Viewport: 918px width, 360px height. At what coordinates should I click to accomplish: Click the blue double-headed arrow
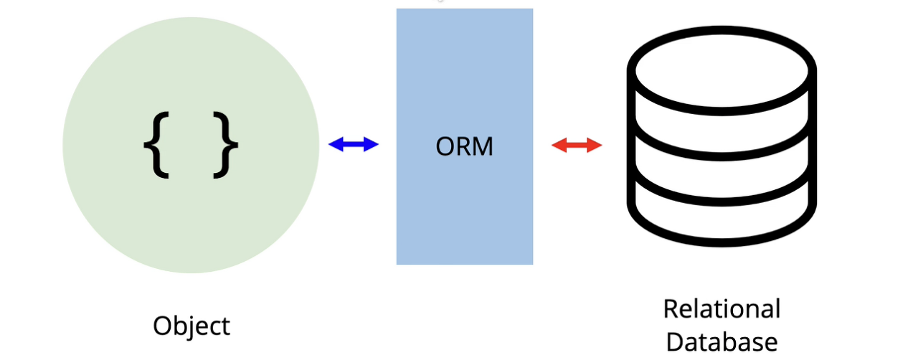[x=353, y=145]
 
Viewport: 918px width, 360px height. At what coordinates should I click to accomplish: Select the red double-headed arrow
[x=577, y=146]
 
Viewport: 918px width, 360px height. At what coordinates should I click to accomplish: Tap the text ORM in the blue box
[x=465, y=146]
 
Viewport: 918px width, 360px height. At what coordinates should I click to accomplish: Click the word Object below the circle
[x=191, y=326]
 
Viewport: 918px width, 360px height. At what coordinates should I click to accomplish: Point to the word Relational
[x=721, y=309]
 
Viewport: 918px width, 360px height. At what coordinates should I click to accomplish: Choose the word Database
[x=721, y=342]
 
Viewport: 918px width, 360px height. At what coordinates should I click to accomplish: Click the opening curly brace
[x=156, y=146]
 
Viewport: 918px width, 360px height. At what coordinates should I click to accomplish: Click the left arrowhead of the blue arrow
[x=334, y=145]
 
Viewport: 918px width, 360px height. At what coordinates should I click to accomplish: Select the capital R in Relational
[x=670, y=309]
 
